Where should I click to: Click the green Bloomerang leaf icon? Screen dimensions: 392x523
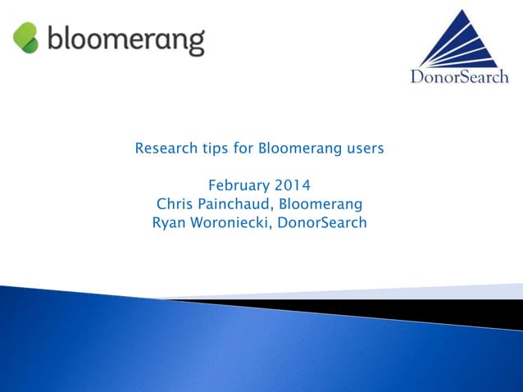pyautogui.click(x=26, y=38)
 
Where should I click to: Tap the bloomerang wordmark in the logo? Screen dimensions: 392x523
pyautogui.click(x=125, y=39)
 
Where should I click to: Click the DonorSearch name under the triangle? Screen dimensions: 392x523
pyautogui.click(x=460, y=78)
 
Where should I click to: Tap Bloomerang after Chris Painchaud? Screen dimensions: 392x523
pyautogui.click(x=321, y=203)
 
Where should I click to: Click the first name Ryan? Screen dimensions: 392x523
pyautogui.click(x=168, y=221)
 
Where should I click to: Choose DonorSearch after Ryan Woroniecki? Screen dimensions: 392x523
pyautogui.click(x=323, y=221)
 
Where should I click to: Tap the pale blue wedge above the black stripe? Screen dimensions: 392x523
pyautogui.click(x=459, y=292)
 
